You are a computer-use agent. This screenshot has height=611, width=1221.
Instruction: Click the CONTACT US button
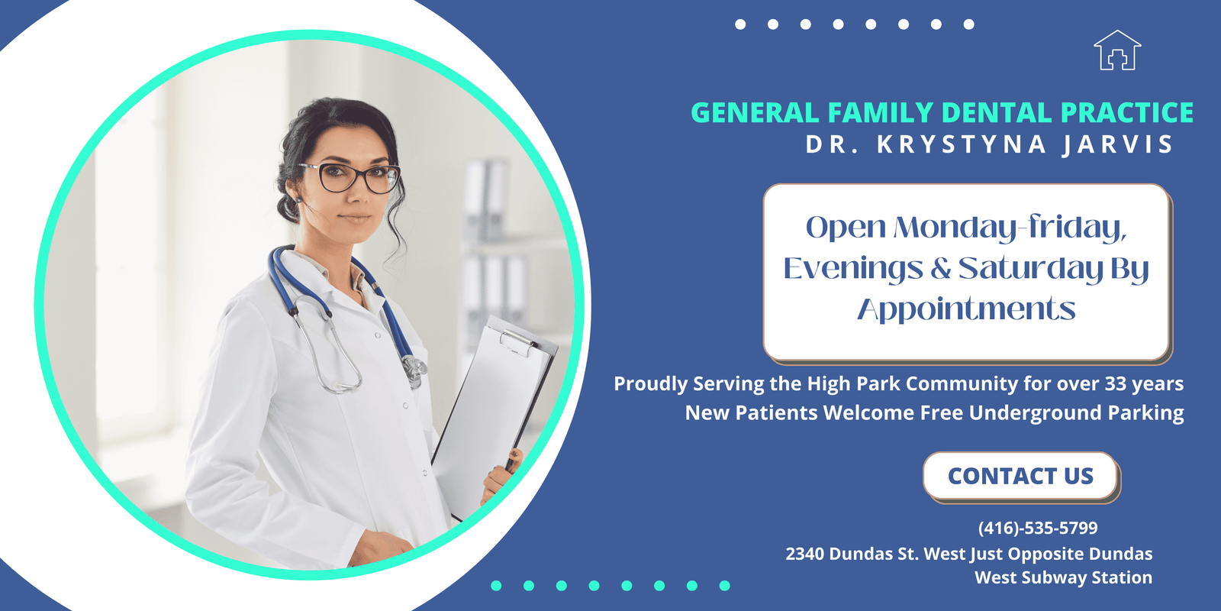pos(1020,476)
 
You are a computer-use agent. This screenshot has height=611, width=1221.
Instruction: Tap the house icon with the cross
pos(1117,50)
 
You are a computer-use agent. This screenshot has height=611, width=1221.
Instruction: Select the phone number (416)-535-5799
pos(1038,528)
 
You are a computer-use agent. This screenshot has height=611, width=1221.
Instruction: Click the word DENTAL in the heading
pos(997,112)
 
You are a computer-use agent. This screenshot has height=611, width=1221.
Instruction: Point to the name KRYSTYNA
pos(962,144)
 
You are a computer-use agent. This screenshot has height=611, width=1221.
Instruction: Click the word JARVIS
pos(1117,144)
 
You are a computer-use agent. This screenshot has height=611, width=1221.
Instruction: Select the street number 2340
pos(804,554)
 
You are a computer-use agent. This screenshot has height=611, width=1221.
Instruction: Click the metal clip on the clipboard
pos(516,341)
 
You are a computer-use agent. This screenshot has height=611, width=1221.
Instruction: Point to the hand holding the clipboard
pos(501,474)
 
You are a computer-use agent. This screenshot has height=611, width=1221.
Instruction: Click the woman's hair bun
pos(288,207)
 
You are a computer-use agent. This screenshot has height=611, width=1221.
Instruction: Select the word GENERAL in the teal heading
pos(755,112)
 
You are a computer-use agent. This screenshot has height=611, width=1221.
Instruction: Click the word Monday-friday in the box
pos(1010,228)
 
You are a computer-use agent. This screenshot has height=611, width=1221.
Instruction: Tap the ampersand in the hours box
pos(941,268)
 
